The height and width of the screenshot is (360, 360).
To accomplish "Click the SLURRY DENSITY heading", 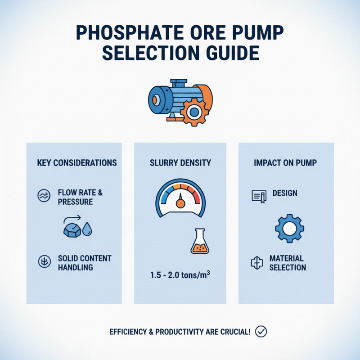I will tap(180, 162).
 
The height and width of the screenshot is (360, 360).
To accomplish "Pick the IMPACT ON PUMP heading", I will tap(285, 162).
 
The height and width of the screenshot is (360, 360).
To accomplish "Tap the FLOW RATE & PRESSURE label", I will tap(80, 197).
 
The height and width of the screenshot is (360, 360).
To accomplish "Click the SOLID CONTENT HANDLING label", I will tap(84, 263).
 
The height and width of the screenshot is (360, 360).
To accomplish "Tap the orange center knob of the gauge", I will tap(180, 203).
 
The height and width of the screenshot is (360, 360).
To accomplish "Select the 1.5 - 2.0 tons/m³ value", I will tap(180, 275).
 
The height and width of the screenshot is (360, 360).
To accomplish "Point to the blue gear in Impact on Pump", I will tap(289, 229).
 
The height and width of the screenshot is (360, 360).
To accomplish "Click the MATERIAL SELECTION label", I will tap(287, 263).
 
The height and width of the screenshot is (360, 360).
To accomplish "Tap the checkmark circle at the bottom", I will tap(261, 332).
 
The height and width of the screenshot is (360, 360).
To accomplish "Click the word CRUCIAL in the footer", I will tap(234, 332).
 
